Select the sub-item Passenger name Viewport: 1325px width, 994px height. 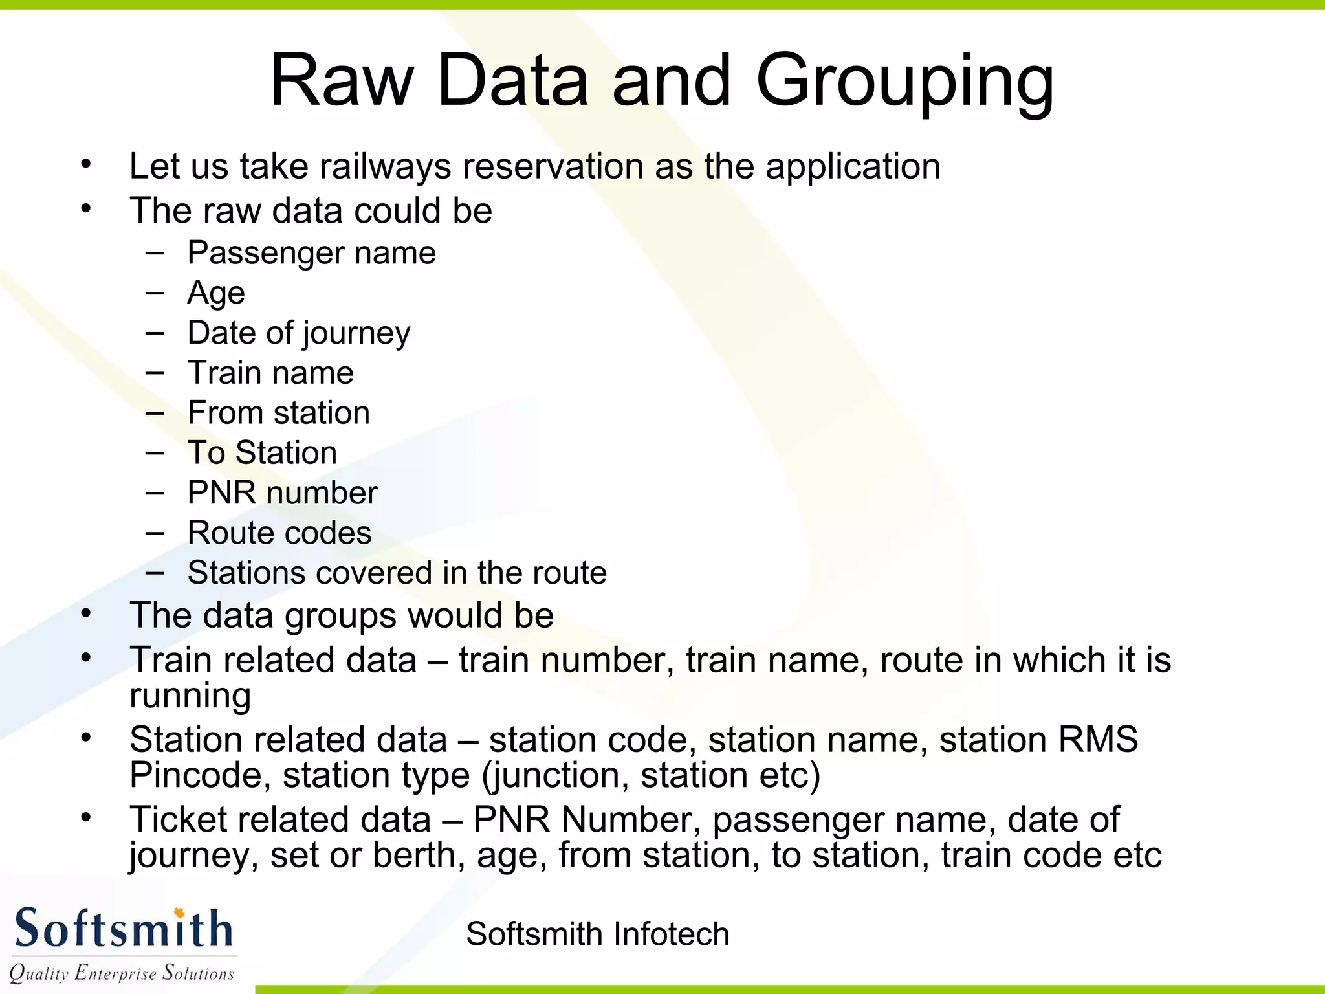pyautogui.click(x=311, y=253)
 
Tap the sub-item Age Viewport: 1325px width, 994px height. pyautogui.click(x=216, y=293)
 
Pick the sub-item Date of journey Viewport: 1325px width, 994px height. pyautogui.click(x=299, y=333)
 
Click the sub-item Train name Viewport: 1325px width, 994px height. pyautogui.click(x=270, y=373)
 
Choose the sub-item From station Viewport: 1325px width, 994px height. pyautogui.click(x=278, y=413)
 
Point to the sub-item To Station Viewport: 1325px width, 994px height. pyautogui.click(x=262, y=453)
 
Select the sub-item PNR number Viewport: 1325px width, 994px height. pyautogui.click(x=282, y=493)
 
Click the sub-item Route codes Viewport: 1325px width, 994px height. pyautogui.click(x=279, y=533)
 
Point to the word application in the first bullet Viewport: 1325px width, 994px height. pyautogui.click(x=853, y=167)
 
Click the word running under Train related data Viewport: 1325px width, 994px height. pyautogui.click(x=190, y=696)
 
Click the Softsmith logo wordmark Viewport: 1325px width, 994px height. pyautogui.click(x=123, y=929)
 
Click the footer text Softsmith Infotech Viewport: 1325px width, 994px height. pyautogui.click(x=597, y=934)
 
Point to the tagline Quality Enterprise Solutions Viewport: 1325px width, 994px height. pyautogui.click(x=122, y=973)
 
